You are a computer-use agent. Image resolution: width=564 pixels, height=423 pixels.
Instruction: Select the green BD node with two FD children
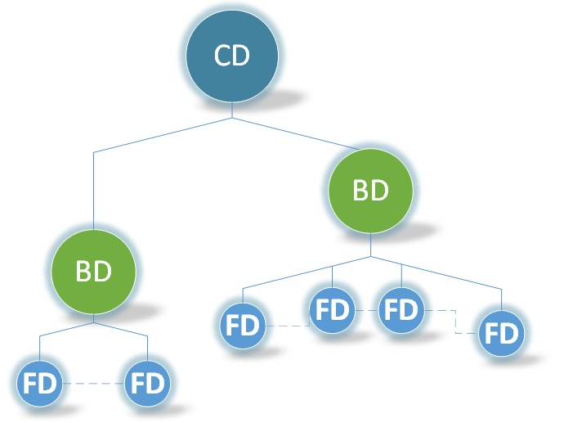click(93, 272)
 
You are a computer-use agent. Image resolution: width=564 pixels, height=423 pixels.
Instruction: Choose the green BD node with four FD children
click(370, 190)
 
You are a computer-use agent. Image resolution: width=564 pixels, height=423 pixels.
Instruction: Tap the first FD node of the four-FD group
click(243, 326)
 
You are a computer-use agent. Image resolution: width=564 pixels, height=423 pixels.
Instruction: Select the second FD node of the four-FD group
click(332, 310)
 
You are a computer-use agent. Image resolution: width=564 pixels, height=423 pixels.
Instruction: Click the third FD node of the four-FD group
click(401, 310)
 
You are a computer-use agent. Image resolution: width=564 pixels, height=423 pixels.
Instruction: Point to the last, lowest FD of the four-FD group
click(501, 334)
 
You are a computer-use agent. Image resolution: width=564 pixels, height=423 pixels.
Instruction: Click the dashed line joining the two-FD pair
click(93, 384)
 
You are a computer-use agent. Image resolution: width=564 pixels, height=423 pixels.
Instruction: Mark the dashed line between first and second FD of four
click(286, 326)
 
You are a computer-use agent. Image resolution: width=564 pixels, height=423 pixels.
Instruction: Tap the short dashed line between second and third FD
click(366, 310)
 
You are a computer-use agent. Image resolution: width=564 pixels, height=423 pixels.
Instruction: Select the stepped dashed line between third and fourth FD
click(453, 321)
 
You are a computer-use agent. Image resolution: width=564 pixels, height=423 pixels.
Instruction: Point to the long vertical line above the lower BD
click(94, 188)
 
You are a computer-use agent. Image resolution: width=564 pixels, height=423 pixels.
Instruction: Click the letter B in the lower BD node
click(84, 272)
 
